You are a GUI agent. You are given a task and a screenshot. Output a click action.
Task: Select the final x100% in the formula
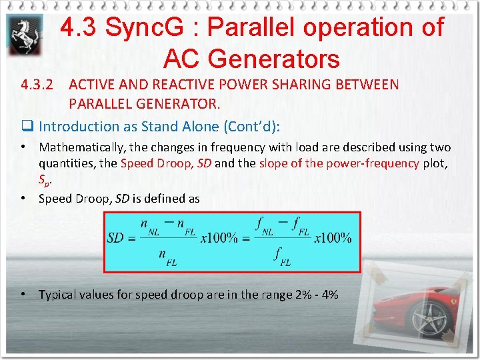[x=333, y=238]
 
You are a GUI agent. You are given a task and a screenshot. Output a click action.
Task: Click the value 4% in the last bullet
[x=329, y=294]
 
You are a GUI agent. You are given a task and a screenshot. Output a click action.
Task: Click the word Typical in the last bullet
[x=59, y=294]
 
